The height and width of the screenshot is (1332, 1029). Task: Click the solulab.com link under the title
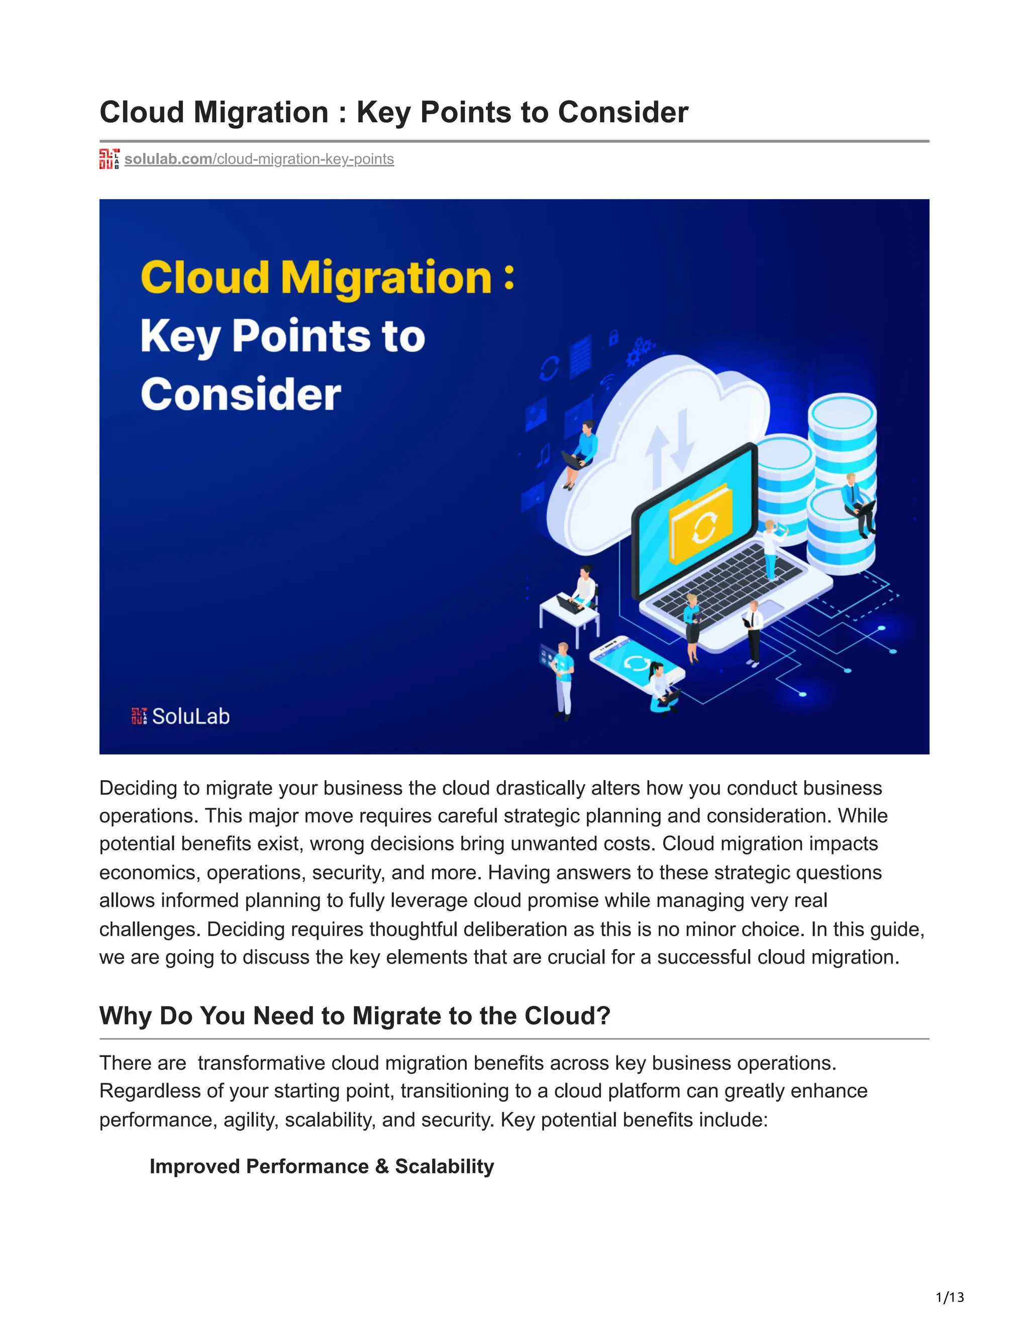click(x=259, y=159)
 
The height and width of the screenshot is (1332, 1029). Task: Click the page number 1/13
click(x=949, y=1297)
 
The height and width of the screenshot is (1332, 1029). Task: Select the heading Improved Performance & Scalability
click(x=322, y=1166)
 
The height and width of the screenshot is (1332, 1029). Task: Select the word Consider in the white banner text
click(x=241, y=395)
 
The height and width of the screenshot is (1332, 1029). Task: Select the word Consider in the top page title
click(x=623, y=113)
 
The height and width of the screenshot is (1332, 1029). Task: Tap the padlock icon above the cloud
click(x=614, y=337)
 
